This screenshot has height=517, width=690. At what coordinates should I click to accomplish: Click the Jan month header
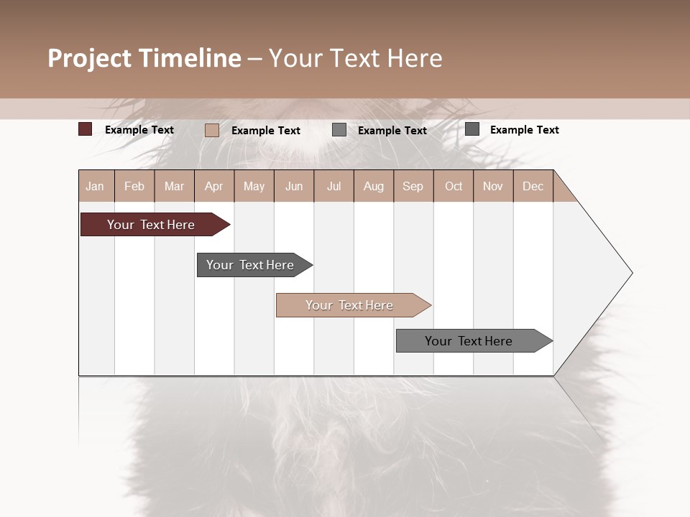click(96, 186)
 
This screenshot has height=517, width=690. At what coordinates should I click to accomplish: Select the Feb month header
click(134, 186)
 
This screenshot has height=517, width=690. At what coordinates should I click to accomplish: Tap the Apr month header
click(214, 186)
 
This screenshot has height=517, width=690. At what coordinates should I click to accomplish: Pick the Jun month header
click(294, 186)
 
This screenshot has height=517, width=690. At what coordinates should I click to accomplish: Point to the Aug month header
click(374, 186)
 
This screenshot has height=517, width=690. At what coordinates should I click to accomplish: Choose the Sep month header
click(413, 186)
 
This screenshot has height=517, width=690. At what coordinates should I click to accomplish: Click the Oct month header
click(454, 186)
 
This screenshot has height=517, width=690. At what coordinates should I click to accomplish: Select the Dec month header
click(533, 186)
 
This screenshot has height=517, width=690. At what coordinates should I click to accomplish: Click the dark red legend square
click(85, 129)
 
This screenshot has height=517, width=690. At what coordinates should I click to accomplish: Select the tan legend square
click(211, 130)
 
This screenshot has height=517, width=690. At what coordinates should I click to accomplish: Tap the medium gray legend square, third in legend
click(339, 130)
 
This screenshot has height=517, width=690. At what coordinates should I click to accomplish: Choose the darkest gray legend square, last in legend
click(472, 129)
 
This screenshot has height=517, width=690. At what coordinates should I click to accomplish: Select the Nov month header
click(493, 186)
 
